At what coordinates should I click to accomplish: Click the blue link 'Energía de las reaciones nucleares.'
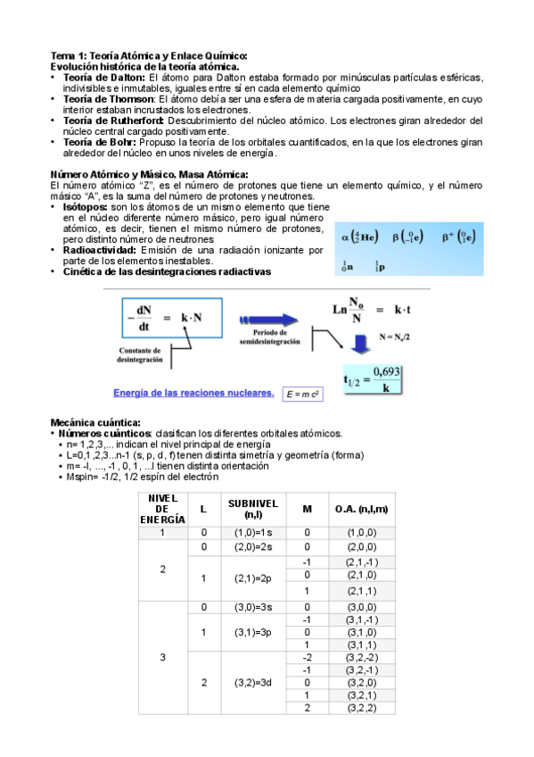pyautogui.click(x=193, y=392)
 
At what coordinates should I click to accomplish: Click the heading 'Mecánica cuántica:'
pyautogui.click(x=94, y=422)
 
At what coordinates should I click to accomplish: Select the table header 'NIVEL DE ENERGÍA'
pyautogui.click(x=162, y=507)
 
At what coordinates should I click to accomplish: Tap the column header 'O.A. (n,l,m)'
pyautogui.click(x=361, y=508)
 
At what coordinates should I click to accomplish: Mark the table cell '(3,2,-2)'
pyautogui.click(x=361, y=657)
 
